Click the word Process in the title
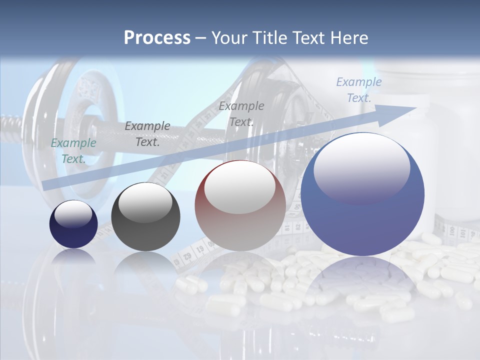tap(157, 38)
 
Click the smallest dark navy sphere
tap(73, 224)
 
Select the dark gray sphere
tap(145, 217)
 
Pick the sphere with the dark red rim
tap(240, 205)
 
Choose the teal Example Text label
tap(73, 151)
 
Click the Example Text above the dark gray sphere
tap(147, 134)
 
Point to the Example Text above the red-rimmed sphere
tap(241, 114)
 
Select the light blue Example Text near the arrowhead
tap(358, 90)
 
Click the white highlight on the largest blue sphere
tap(361, 167)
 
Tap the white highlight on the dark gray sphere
tap(145, 202)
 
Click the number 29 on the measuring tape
tap(188, 257)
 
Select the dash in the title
tap(200, 38)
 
